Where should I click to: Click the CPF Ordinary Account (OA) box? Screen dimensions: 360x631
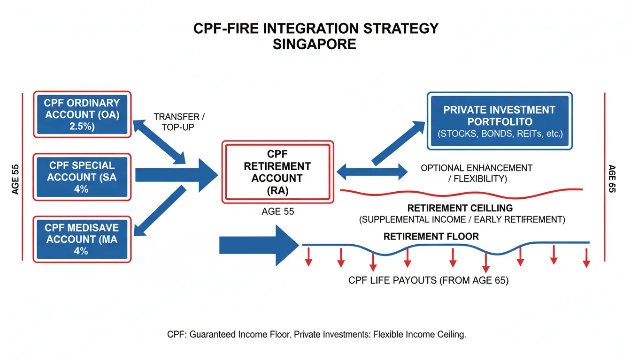pyautogui.click(x=82, y=115)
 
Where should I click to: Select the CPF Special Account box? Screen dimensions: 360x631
pyautogui.click(x=82, y=177)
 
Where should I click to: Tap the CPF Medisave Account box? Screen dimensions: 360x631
pyautogui.click(x=82, y=239)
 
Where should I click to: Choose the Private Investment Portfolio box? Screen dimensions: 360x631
pyautogui.click(x=499, y=121)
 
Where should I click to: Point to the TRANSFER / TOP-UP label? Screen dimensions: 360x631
pyautogui.click(x=179, y=121)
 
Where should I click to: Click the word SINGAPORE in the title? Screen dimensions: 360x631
pyautogui.click(x=315, y=45)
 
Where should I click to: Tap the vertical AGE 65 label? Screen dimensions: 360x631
pyautogui.click(x=611, y=179)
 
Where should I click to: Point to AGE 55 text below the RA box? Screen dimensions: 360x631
pyautogui.click(x=277, y=212)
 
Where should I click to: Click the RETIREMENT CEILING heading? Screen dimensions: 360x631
pyautogui.click(x=460, y=208)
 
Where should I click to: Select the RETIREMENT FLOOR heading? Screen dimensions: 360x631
pyautogui.click(x=431, y=237)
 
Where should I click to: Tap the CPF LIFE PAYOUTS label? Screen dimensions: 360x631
pyautogui.click(x=428, y=281)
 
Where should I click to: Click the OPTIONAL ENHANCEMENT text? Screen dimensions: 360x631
pyautogui.click(x=477, y=168)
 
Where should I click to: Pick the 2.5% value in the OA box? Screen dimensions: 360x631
pyautogui.click(x=82, y=127)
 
